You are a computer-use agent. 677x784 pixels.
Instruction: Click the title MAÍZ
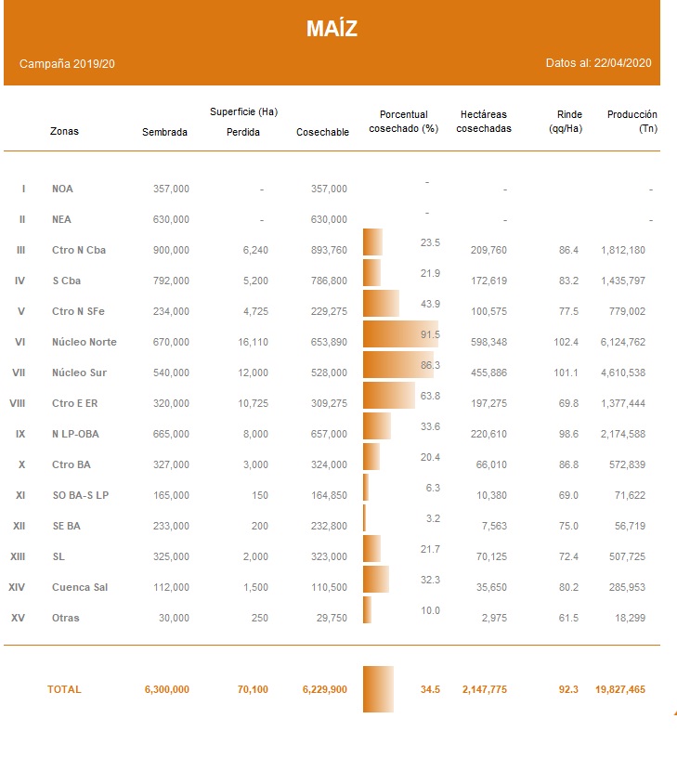pyautogui.click(x=332, y=29)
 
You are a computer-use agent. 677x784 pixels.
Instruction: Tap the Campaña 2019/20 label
pyautogui.click(x=67, y=64)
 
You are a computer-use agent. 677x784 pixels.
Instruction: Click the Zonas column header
pyautogui.click(x=64, y=131)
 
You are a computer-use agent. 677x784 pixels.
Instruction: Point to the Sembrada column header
pyautogui.click(x=164, y=132)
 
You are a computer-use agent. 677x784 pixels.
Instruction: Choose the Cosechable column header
pyautogui.click(x=322, y=132)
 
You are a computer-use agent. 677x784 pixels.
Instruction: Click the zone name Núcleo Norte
pyautogui.click(x=85, y=342)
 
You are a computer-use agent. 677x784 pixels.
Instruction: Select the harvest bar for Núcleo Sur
pyautogui.click(x=398, y=365)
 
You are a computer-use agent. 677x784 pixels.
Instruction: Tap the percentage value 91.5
pyautogui.click(x=430, y=334)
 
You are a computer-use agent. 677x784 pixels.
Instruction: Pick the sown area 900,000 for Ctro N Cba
pyautogui.click(x=171, y=250)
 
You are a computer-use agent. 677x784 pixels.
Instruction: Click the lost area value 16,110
pyautogui.click(x=253, y=342)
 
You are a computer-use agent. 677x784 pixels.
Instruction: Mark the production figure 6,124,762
pyautogui.click(x=623, y=342)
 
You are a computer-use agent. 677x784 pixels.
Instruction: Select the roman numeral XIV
pyautogui.click(x=17, y=587)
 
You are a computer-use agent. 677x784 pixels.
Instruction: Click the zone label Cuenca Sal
pyautogui.click(x=79, y=587)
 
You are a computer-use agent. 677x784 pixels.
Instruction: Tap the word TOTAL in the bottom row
pyautogui.click(x=64, y=689)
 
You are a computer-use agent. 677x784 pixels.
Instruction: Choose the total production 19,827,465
pyautogui.click(x=620, y=689)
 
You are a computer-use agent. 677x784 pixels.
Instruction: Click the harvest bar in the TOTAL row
pyautogui.click(x=378, y=689)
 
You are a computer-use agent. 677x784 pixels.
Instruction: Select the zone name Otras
pyautogui.click(x=66, y=618)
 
